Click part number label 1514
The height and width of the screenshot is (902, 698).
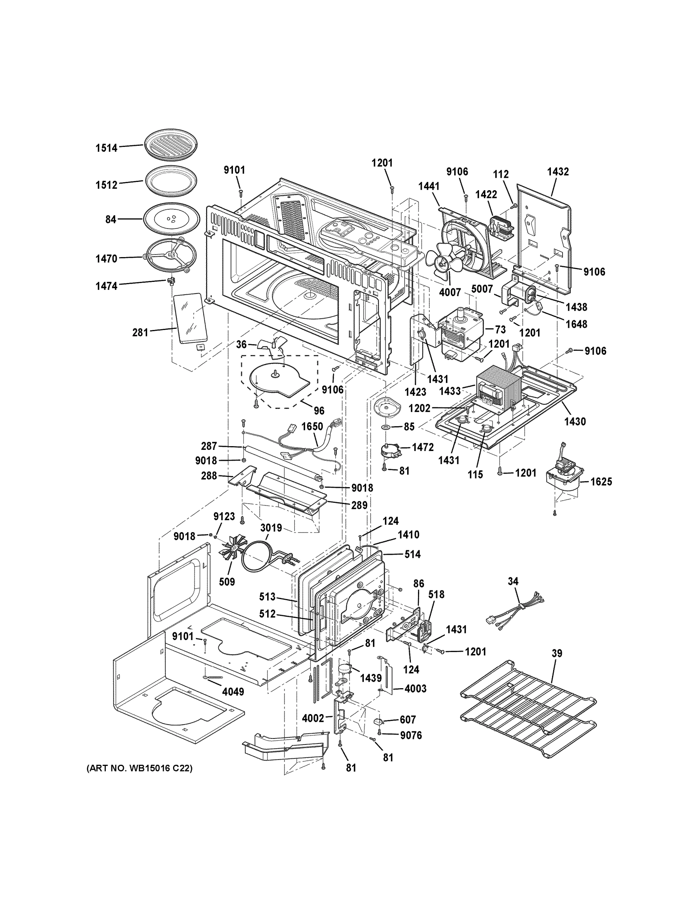click(107, 148)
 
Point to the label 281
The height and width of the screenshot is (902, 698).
click(140, 332)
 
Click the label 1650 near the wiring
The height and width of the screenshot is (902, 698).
click(312, 426)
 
